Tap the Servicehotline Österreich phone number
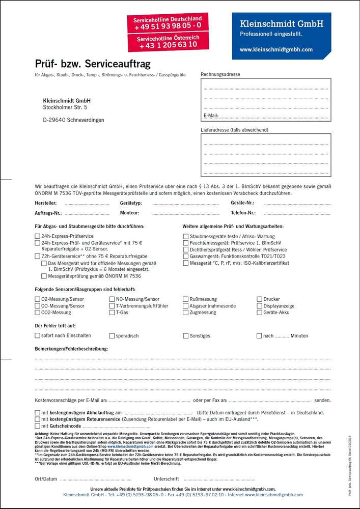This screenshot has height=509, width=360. click(x=168, y=45)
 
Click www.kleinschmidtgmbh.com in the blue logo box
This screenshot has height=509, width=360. click(x=276, y=50)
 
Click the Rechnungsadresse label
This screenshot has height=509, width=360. click(x=220, y=74)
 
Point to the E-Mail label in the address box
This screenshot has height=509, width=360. click(x=211, y=116)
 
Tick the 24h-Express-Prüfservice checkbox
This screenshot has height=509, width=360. click(x=37, y=236)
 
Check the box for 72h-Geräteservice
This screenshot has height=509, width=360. click(x=37, y=256)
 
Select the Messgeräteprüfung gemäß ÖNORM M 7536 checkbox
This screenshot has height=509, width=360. click(x=44, y=276)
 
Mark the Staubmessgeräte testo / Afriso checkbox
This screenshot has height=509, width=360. click(x=186, y=236)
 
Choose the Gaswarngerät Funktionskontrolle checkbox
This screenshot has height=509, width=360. click(x=186, y=256)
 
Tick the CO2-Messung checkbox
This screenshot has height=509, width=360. click(x=37, y=313)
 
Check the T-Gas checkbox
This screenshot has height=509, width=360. click(x=112, y=313)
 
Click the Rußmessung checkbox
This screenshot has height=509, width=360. click(x=186, y=299)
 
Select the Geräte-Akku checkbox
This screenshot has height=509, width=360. click(x=260, y=313)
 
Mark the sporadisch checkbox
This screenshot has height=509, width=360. click(x=112, y=336)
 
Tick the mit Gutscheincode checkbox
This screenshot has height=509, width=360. click(x=37, y=426)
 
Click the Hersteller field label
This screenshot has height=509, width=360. click(x=45, y=203)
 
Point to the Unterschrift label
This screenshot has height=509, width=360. click(x=167, y=479)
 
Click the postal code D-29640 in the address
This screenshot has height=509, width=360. click(x=56, y=120)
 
